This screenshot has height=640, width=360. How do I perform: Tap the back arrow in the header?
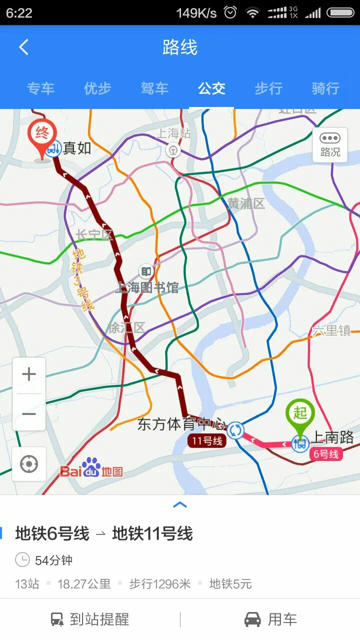[23, 47]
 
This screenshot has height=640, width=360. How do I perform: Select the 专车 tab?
[40, 88]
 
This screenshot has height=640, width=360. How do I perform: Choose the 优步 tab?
[97, 88]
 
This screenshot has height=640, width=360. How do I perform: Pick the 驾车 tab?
[154, 88]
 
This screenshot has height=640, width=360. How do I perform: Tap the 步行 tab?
[268, 88]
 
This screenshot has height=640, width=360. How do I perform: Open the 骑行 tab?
[325, 88]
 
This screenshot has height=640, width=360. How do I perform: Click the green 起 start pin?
[299, 415]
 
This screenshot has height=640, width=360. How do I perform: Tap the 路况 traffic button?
[330, 144]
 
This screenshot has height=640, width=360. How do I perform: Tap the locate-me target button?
[29, 464]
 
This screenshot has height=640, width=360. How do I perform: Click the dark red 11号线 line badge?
[207, 441]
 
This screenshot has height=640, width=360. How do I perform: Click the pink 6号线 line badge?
[325, 454]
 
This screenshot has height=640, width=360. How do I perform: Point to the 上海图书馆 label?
[146, 287]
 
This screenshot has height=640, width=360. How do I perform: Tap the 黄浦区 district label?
[246, 203]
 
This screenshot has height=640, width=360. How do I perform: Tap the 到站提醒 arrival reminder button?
[90, 619]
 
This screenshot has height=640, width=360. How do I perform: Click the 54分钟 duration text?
[53, 560]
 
